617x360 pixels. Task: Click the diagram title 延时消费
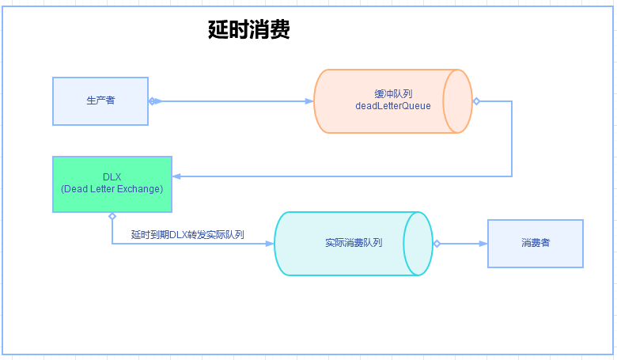pyautogui.click(x=248, y=30)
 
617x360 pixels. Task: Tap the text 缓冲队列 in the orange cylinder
pyautogui.click(x=393, y=93)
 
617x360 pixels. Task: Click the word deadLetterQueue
pyautogui.click(x=393, y=106)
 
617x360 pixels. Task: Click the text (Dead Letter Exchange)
pyautogui.click(x=112, y=189)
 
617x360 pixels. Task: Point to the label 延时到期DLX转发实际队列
pyautogui.click(x=187, y=235)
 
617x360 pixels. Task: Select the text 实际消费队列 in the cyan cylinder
pyautogui.click(x=354, y=243)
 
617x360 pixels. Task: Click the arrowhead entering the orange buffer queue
pyautogui.click(x=309, y=101)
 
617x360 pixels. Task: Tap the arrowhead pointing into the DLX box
pyautogui.click(x=176, y=176)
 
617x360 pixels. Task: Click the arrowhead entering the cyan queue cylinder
pyautogui.click(x=270, y=244)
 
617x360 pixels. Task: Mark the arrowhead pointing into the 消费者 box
pyautogui.click(x=483, y=244)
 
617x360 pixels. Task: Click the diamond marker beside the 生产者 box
pyautogui.click(x=153, y=101)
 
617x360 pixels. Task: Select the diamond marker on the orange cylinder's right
pyautogui.click(x=476, y=101)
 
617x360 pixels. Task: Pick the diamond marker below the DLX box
pyautogui.click(x=112, y=216)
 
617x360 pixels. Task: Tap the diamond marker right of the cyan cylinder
pyautogui.click(x=437, y=244)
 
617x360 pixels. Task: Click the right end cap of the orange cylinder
pyautogui.click(x=457, y=101)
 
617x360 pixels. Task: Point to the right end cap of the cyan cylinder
pyautogui.click(x=418, y=244)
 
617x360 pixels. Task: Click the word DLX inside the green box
pyautogui.click(x=112, y=176)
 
